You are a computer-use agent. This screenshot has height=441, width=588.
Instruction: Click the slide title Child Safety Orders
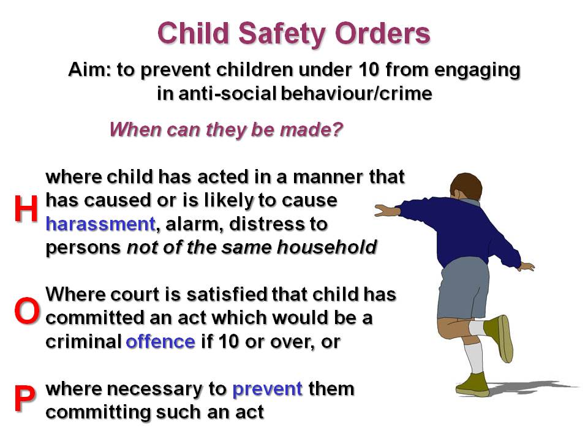(294, 33)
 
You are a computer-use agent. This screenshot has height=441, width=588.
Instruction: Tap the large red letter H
(26, 209)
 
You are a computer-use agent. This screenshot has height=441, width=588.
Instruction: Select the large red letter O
(26, 312)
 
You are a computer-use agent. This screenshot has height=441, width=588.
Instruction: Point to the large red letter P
(24, 399)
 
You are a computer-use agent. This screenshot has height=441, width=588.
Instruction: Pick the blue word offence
(160, 342)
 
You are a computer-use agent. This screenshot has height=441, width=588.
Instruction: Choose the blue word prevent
(268, 389)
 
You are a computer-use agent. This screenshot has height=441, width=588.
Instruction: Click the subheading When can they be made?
(225, 130)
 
